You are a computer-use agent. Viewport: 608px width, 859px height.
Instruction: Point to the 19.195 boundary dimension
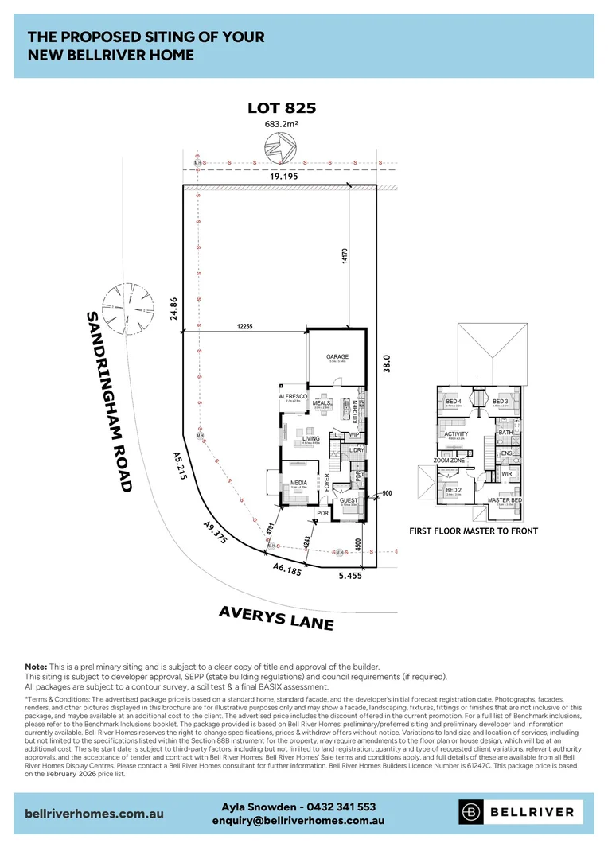pyautogui.click(x=283, y=177)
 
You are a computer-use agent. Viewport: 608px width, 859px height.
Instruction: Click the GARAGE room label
pyautogui.click(x=337, y=357)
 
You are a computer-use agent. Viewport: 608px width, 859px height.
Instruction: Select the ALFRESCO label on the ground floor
pyautogui.click(x=292, y=395)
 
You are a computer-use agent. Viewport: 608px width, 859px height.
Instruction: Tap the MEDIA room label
pyautogui.click(x=298, y=483)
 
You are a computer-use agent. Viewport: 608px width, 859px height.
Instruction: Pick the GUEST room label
pyautogui.click(x=349, y=500)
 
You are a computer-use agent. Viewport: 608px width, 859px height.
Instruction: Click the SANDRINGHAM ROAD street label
pyautogui.click(x=110, y=402)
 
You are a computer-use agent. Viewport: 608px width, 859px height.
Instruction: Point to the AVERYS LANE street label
pyautogui.click(x=276, y=616)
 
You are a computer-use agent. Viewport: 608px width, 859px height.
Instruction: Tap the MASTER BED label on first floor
pyautogui.click(x=505, y=500)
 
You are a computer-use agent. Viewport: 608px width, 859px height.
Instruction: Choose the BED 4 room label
pyautogui.click(x=454, y=402)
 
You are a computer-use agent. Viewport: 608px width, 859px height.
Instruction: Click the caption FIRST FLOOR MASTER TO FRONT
pyautogui.click(x=474, y=531)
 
